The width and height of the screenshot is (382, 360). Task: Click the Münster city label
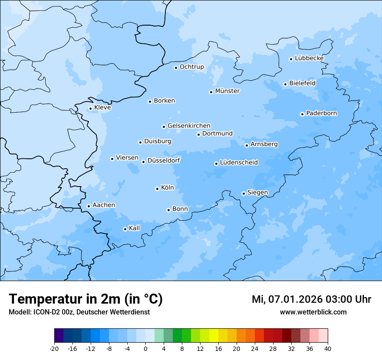tap(227, 91)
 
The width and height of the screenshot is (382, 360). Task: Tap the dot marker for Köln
tap(157, 189)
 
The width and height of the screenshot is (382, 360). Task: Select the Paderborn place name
tap(321, 113)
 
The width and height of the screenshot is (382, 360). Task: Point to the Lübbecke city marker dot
tap(291, 59)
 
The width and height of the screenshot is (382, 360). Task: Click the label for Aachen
tap(104, 205)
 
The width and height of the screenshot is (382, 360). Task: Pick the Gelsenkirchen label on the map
tap(189, 126)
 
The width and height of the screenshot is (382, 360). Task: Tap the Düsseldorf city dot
tap(144, 162)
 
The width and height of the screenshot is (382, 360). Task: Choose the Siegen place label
tap(257, 193)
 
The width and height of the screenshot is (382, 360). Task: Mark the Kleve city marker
tap(90, 109)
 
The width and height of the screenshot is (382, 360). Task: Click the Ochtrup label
tap(191, 67)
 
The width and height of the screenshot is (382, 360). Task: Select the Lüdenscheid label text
tap(239, 163)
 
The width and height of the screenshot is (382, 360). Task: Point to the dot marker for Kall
tap(125, 229)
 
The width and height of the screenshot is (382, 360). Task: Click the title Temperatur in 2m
tap(86, 299)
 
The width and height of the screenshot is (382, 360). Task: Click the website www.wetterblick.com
tap(313, 312)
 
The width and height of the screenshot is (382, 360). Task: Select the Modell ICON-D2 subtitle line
tap(79, 312)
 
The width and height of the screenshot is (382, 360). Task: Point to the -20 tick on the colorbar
tap(54, 349)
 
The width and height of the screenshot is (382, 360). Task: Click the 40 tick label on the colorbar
tap(328, 349)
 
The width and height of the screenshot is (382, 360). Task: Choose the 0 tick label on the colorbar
tap(145, 349)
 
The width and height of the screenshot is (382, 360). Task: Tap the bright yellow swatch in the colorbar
tap(214, 336)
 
